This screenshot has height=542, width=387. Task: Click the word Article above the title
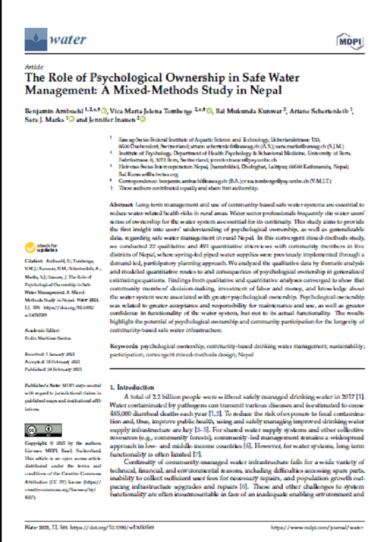(x=31, y=67)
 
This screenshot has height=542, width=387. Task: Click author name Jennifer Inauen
(x=111, y=120)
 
